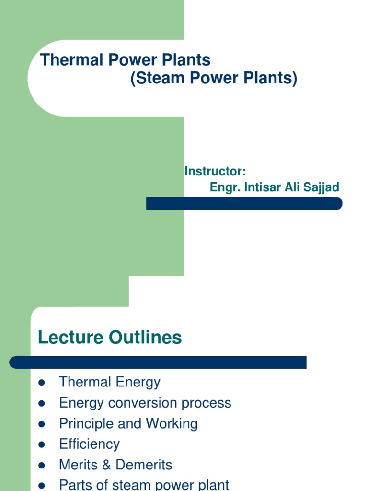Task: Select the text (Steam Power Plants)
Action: (x=214, y=78)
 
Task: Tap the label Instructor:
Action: (x=215, y=172)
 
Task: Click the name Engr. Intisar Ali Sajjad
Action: (x=274, y=187)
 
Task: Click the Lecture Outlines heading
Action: (x=110, y=338)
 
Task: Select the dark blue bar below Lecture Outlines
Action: (x=158, y=362)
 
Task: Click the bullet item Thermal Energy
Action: (x=109, y=382)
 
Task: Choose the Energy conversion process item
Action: (x=145, y=403)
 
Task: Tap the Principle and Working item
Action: (x=128, y=423)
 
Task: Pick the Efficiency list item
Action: (x=89, y=444)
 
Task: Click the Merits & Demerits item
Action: (x=115, y=465)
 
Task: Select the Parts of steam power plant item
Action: (x=144, y=484)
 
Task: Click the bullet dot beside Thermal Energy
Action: (x=41, y=383)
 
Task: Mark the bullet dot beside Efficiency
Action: (x=41, y=445)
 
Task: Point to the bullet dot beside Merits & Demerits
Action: (x=41, y=466)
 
